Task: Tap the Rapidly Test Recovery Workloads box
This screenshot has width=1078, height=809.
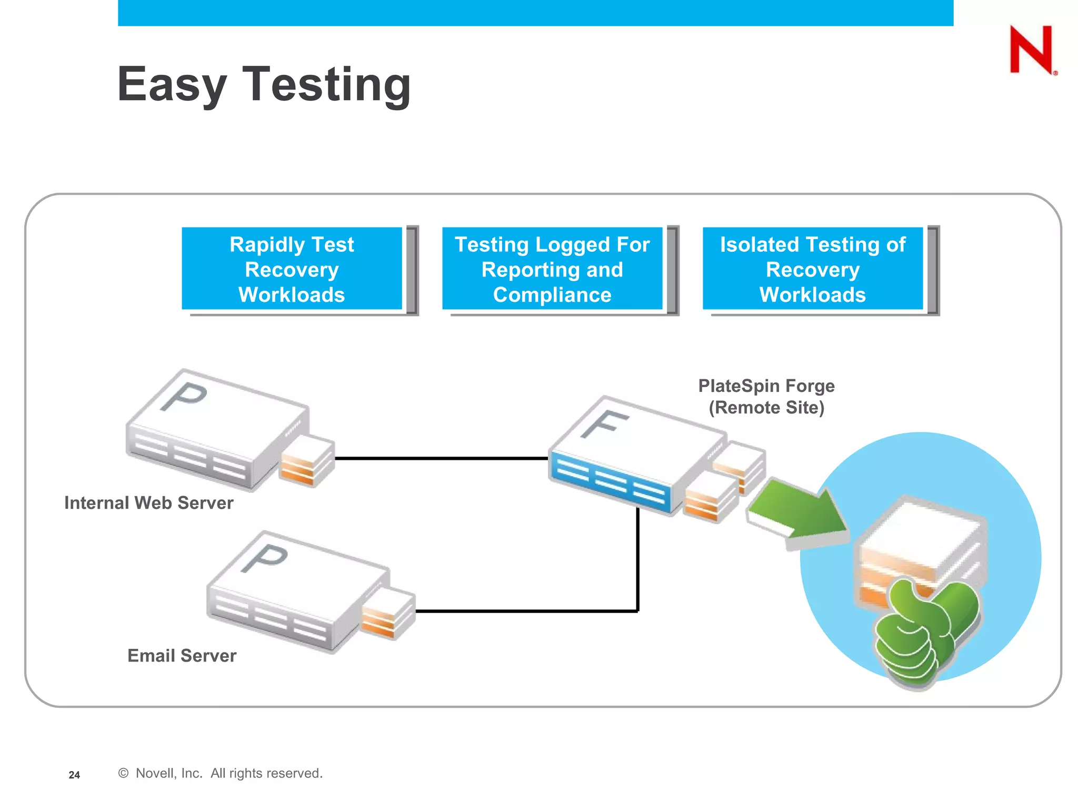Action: pyautogui.click(x=292, y=269)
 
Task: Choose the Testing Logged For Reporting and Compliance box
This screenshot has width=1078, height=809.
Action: pyautogui.click(x=552, y=269)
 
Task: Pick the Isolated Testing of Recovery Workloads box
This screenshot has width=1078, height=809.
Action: pyautogui.click(x=813, y=269)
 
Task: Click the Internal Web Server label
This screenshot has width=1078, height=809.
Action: pyautogui.click(x=148, y=503)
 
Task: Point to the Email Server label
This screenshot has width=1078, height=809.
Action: pyautogui.click(x=182, y=656)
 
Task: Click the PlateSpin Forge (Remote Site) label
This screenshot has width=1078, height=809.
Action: pyautogui.click(x=766, y=397)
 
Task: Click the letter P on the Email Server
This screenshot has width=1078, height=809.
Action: pyautogui.click(x=265, y=558)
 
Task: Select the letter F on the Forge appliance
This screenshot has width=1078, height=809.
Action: pyautogui.click(x=604, y=423)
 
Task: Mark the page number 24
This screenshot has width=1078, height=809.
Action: pyautogui.click(x=74, y=775)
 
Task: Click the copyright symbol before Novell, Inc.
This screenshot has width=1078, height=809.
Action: pyautogui.click(x=123, y=773)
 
